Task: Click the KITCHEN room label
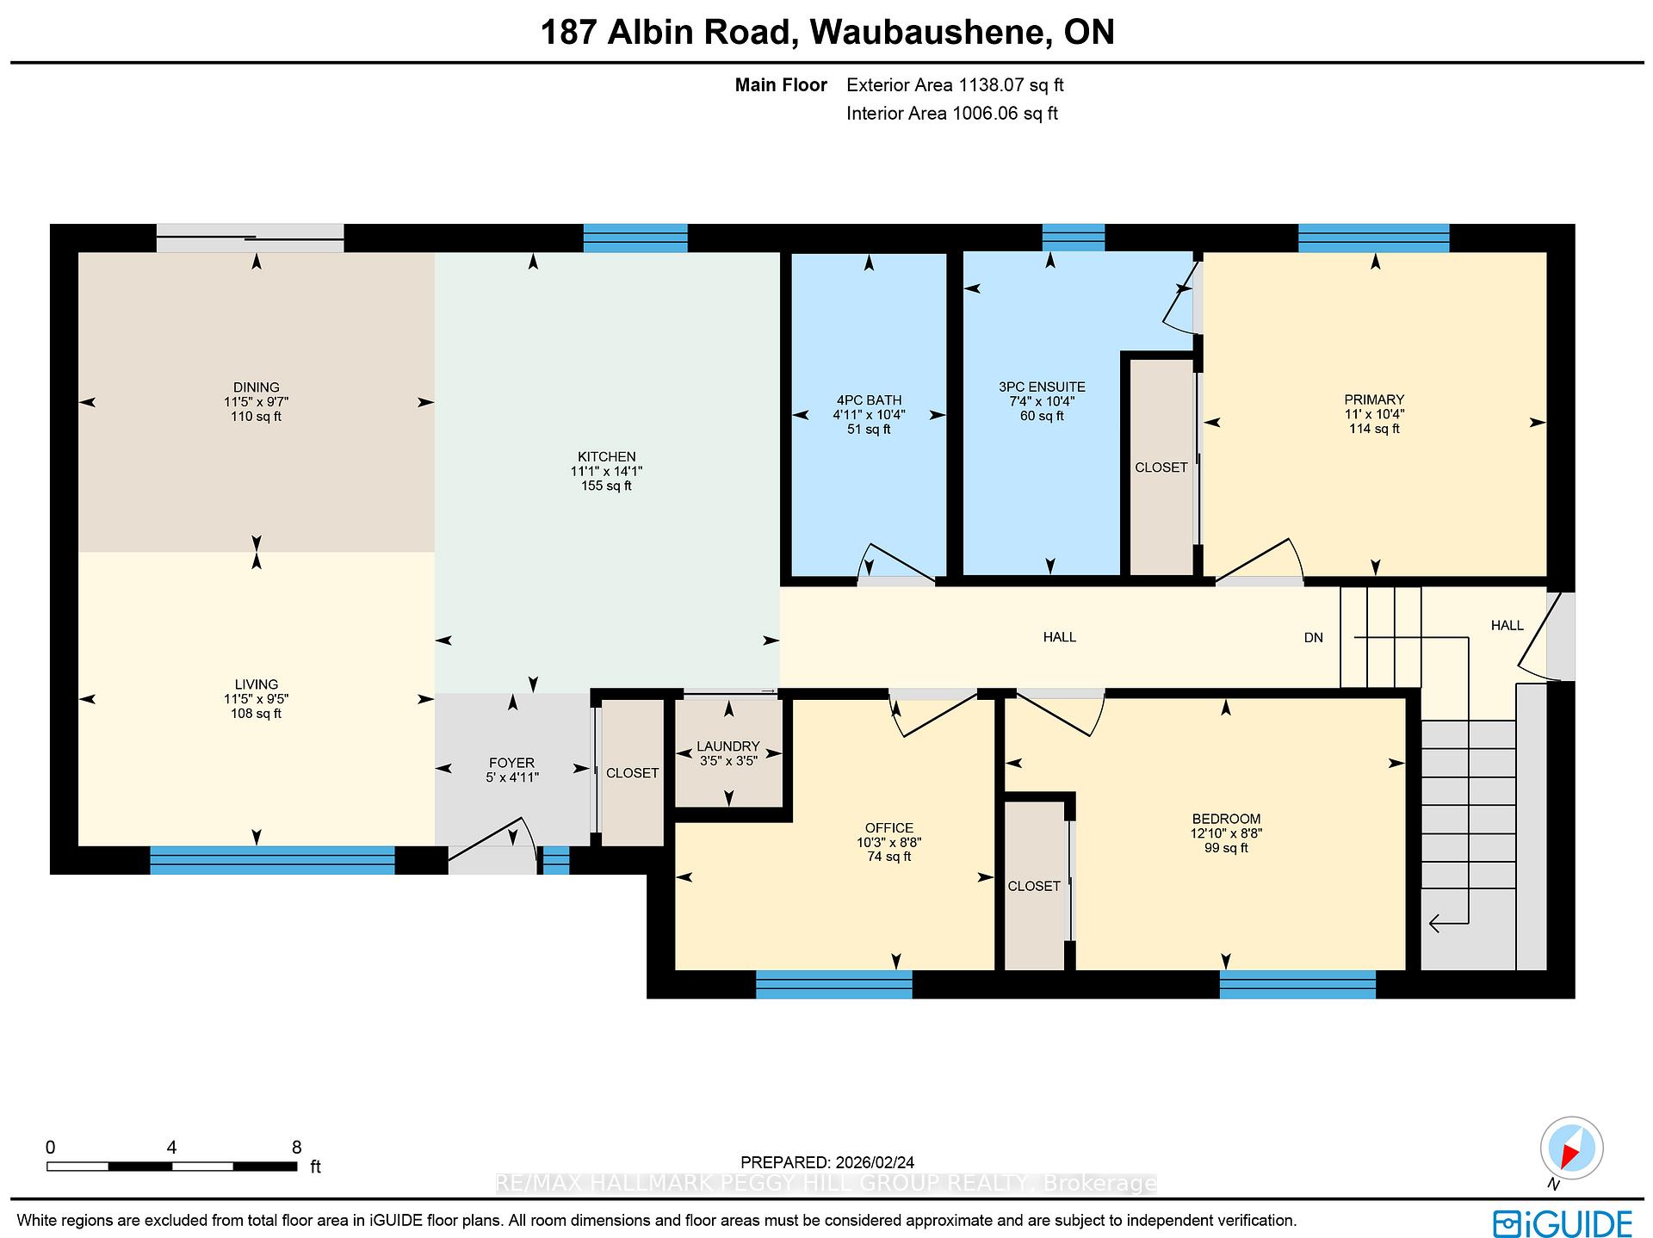[606, 457]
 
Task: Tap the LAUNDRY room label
[728, 746]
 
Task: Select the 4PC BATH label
[869, 400]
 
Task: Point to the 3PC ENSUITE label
[1042, 387]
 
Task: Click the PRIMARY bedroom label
[1374, 399]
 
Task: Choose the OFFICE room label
[889, 828]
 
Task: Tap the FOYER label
[511, 763]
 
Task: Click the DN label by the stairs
[1314, 638]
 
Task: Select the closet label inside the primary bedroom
[1161, 467]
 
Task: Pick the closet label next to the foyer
[632, 773]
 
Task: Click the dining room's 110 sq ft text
[256, 417]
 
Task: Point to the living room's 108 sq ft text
[256, 714]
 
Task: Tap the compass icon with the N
[1572, 1150]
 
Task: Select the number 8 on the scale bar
[297, 1147]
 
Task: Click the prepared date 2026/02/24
[870, 1162]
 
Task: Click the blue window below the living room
[272, 861]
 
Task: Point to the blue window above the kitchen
[635, 238]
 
